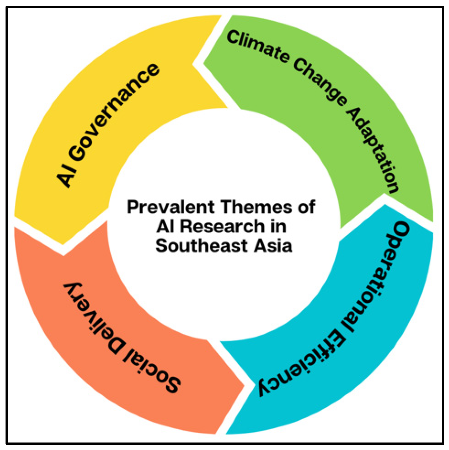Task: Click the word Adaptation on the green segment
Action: pos(373,150)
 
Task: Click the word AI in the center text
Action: pos(165,226)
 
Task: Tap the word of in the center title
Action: pos(306,207)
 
